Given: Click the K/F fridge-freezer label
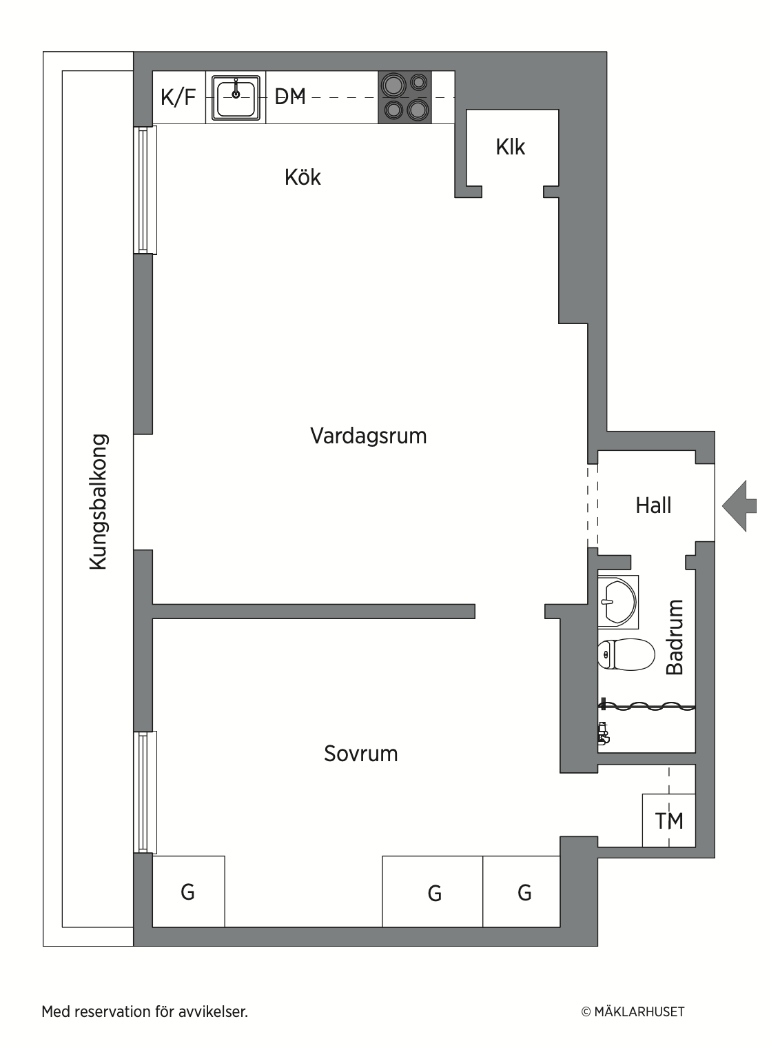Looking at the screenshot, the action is point(178,97).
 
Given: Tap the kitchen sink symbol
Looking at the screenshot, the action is point(236,97).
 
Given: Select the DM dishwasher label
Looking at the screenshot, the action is point(290,97).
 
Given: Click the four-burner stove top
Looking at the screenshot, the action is point(405,97).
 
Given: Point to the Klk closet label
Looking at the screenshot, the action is point(511,147).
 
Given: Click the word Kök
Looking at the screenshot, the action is point(303,177).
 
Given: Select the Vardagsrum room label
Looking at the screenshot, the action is point(369,436).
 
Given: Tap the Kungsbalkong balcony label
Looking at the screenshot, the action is point(99,502).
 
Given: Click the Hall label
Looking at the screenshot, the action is point(653,505).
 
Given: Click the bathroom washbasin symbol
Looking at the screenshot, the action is point(618,602).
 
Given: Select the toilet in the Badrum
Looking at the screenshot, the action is point(626,654).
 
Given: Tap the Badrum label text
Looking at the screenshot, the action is point(675,637).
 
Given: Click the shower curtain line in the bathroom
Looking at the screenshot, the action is point(646,706).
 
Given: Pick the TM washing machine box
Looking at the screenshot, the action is point(669,820).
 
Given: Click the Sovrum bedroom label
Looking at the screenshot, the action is point(361,753).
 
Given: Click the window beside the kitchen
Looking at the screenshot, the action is point(145,190).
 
